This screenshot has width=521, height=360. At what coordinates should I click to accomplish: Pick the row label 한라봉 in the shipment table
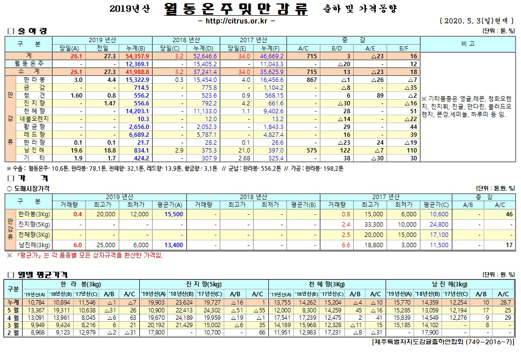tap(35, 79)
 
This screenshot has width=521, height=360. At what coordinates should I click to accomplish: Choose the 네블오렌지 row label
tap(35, 119)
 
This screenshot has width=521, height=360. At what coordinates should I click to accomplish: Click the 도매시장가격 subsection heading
tap(30, 188)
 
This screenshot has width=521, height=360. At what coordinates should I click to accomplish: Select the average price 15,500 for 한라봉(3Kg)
tap(174, 214)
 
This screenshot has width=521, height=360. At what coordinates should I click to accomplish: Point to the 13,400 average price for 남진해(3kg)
tap(174, 245)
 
